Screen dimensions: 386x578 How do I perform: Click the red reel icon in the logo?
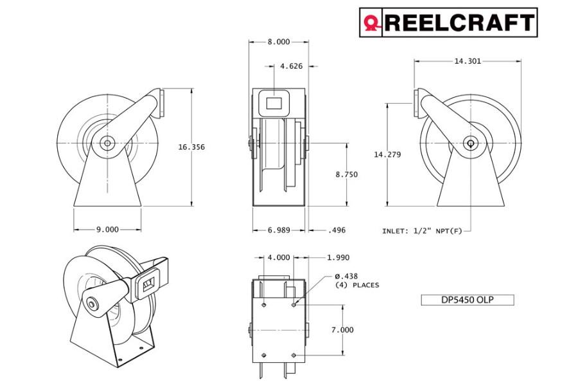[x=371, y=23]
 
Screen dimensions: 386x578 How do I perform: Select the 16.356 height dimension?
[x=191, y=147]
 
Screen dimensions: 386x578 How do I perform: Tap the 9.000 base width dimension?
[x=107, y=229]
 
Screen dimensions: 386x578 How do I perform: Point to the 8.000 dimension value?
[x=278, y=42]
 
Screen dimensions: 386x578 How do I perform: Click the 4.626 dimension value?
[x=291, y=66]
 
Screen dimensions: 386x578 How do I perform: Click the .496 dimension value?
[x=337, y=230]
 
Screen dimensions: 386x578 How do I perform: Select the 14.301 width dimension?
[x=467, y=62]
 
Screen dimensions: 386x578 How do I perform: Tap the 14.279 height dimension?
[x=387, y=154]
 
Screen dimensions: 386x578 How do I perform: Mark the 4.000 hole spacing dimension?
[x=279, y=257]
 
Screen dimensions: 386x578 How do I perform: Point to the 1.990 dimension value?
[x=338, y=257]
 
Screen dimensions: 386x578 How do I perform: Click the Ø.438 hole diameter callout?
[x=347, y=275]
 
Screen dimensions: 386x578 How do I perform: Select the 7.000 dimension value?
[x=342, y=329]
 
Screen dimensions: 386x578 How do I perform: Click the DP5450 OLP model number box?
[x=467, y=300]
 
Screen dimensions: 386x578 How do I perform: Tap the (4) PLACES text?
[x=357, y=285]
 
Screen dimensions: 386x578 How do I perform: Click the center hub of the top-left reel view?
[x=107, y=141]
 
